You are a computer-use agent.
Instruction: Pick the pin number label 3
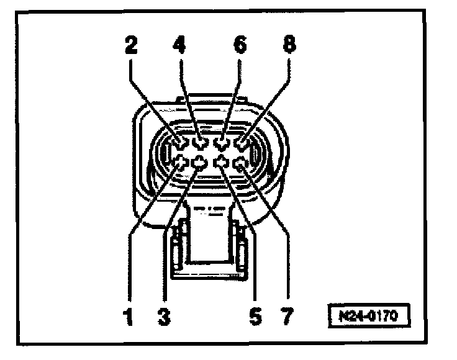pyautogui.click(x=163, y=317)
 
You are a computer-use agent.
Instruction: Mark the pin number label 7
pyautogui.click(x=286, y=317)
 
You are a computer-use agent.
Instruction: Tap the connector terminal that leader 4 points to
pyautogui.click(x=201, y=144)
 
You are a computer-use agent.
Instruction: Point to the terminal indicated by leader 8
pyautogui.click(x=241, y=144)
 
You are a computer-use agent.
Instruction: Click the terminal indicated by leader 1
pyautogui.click(x=181, y=163)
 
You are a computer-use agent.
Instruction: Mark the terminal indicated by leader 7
pyautogui.click(x=241, y=163)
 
